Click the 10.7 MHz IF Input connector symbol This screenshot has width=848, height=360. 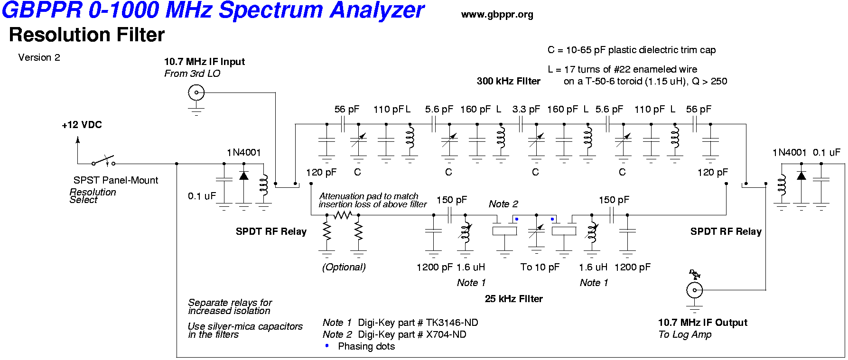(x=196, y=92)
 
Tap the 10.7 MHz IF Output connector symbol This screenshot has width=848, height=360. (x=694, y=290)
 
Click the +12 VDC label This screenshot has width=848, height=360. (x=82, y=125)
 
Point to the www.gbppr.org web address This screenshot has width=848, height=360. (x=497, y=15)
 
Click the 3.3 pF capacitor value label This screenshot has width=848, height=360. (x=526, y=109)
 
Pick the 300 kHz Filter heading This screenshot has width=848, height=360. (x=508, y=81)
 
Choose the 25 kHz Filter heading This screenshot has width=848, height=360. (x=513, y=299)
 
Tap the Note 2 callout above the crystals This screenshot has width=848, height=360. (x=503, y=204)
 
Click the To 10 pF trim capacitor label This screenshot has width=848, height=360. (x=540, y=267)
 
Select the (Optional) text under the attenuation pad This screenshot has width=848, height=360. (x=344, y=267)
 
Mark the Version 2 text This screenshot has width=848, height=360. (x=39, y=57)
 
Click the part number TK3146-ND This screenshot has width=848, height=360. (x=452, y=323)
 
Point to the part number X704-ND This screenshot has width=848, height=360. (x=446, y=334)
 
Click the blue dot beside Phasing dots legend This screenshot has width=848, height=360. (x=326, y=346)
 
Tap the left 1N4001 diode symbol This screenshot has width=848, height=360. (x=244, y=175)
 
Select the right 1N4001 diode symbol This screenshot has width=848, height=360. (x=801, y=175)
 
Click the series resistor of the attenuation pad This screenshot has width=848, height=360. (x=343, y=215)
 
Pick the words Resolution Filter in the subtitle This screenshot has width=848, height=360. (x=87, y=35)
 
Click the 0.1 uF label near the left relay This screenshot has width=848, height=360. (x=202, y=196)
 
